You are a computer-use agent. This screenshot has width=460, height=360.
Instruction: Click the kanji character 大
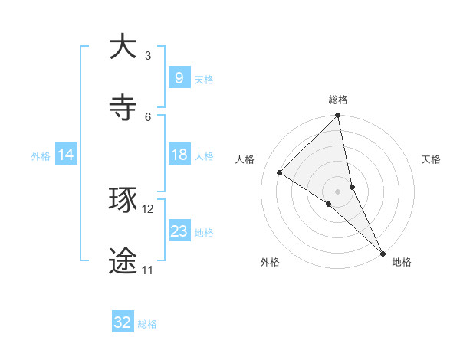pyautogui.click(x=123, y=47)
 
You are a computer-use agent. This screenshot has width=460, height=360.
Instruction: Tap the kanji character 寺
pyautogui.click(x=123, y=108)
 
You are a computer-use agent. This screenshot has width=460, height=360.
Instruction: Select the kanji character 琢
pyautogui.click(x=123, y=201)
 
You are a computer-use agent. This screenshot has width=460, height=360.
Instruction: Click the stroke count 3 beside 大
pyautogui.click(x=148, y=55)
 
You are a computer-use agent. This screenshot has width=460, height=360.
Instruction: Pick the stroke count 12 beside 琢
pyautogui.click(x=148, y=208)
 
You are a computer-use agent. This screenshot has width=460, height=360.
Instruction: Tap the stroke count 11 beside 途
pyautogui.click(x=147, y=270)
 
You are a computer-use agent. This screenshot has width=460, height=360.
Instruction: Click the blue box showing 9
pyautogui.click(x=179, y=78)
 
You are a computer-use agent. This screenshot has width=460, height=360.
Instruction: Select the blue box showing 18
pyautogui.click(x=179, y=155)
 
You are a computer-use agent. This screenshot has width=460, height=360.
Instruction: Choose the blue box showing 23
pyautogui.click(x=179, y=231)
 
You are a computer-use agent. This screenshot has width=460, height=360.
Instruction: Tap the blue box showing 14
pyautogui.click(x=66, y=155)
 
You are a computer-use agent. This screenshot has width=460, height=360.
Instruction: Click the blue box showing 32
pyautogui.click(x=123, y=322)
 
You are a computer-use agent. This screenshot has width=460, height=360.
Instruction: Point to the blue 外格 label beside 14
pyautogui.click(x=41, y=155)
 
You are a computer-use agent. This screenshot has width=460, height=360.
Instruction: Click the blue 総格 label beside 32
pyautogui.click(x=147, y=324)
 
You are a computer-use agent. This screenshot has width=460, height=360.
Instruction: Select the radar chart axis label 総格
pyautogui.click(x=338, y=100)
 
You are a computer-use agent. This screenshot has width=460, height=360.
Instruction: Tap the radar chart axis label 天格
pyautogui.click(x=431, y=159)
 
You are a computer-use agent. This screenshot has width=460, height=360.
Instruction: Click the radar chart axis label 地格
pyautogui.click(x=402, y=262)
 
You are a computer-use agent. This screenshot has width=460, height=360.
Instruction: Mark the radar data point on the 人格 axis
pyautogui.click(x=280, y=173)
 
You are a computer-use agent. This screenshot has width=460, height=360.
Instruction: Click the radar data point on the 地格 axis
pyautogui.click(x=382, y=252)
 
